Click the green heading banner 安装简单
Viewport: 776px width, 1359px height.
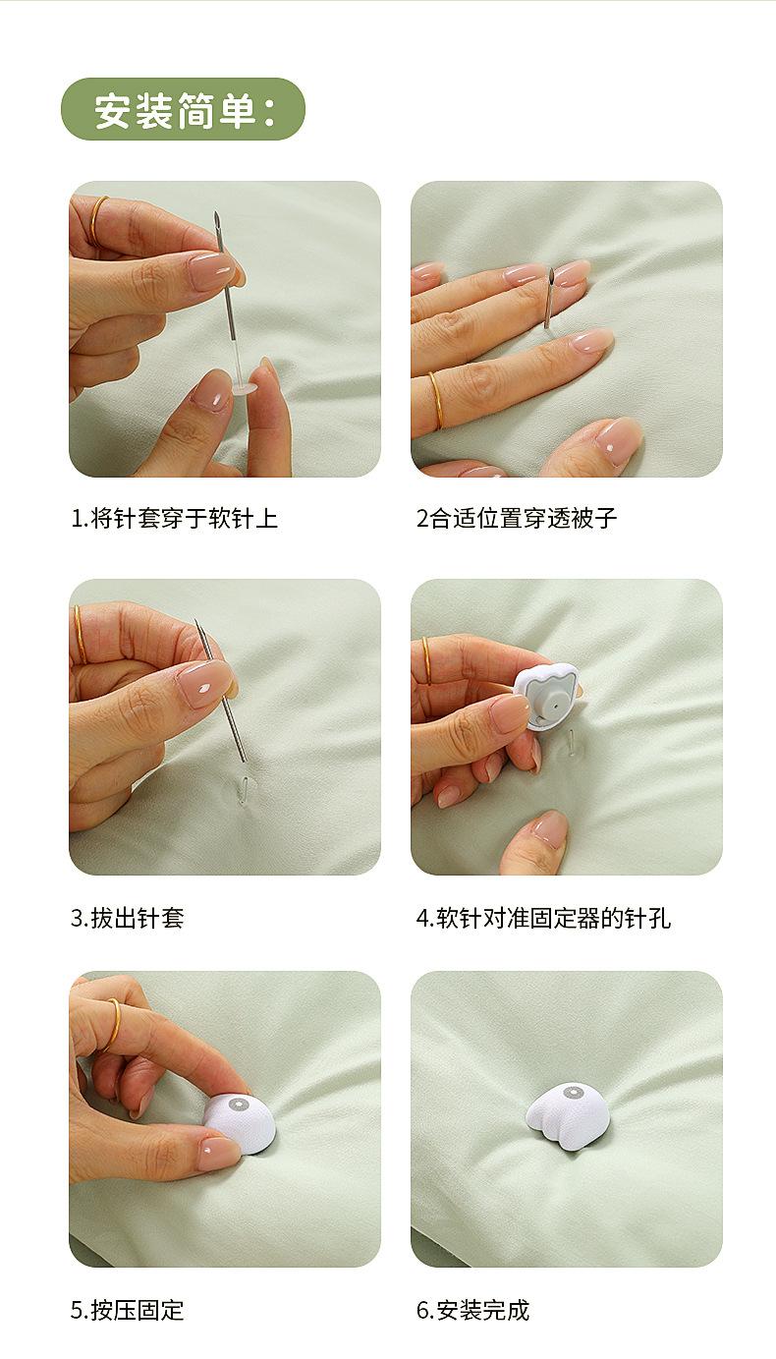coord(183,109)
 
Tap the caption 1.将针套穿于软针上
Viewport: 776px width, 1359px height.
coord(175,519)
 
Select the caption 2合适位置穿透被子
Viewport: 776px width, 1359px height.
coord(517,519)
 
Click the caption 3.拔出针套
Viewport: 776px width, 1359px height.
coord(128,918)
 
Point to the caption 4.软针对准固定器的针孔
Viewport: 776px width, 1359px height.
coord(544,918)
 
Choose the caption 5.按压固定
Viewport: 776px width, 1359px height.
coord(128,1311)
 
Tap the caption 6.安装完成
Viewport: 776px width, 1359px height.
coord(472,1311)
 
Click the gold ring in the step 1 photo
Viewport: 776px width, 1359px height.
coord(97,220)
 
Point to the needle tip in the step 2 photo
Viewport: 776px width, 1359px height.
coord(552,269)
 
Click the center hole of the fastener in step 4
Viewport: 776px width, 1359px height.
coord(554,705)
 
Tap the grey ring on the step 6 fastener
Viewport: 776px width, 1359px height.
coord(573,1094)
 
